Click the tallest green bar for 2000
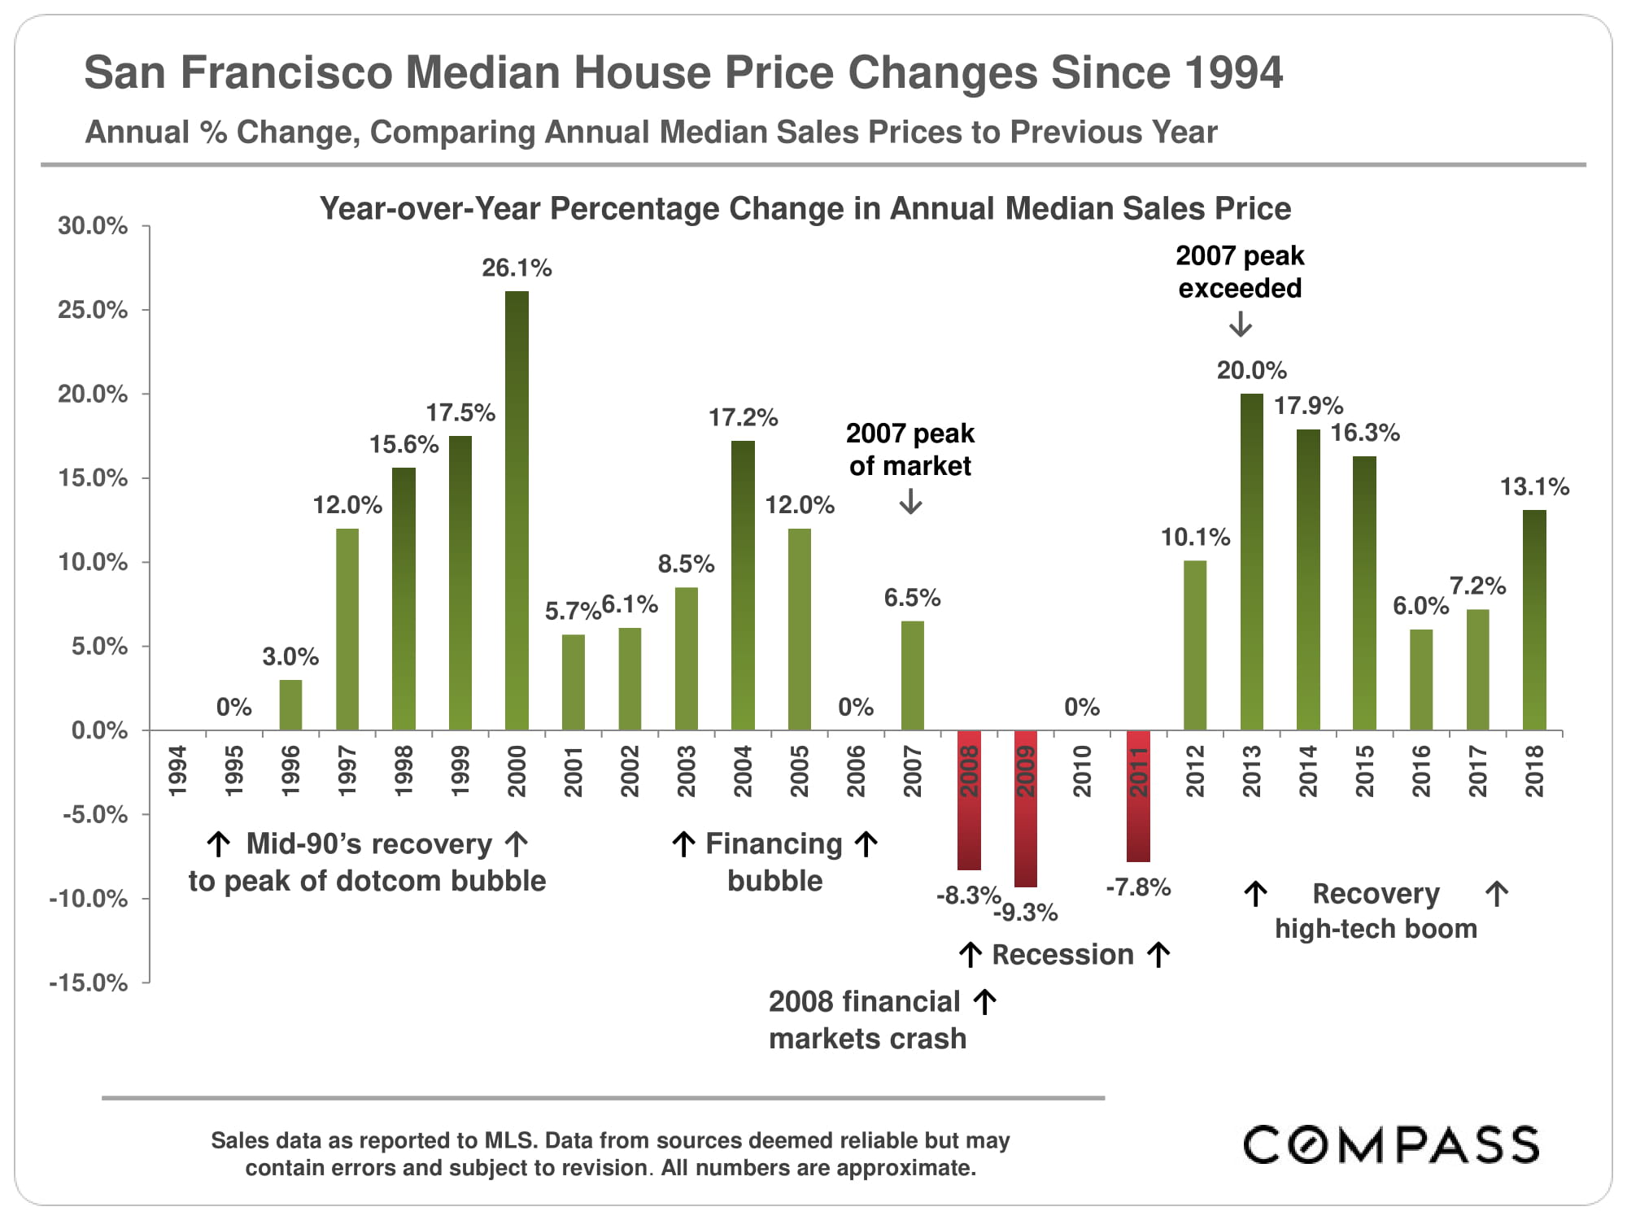pyautogui.click(x=517, y=511)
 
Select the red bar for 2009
pyautogui.click(x=1026, y=808)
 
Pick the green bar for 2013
pyautogui.click(x=1251, y=562)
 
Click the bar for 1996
pyautogui.click(x=290, y=705)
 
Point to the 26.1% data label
pyautogui.click(x=517, y=268)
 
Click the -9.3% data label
pyautogui.click(x=1027, y=913)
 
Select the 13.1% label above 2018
pyautogui.click(x=1534, y=487)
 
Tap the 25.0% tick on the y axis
pyautogui.click(x=93, y=310)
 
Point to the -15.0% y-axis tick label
pyautogui.click(x=89, y=983)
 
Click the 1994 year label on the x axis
pyautogui.click(x=177, y=770)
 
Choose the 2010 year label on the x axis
pyautogui.click(x=1082, y=770)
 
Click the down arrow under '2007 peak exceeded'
pyautogui.click(x=1240, y=325)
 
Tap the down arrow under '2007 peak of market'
pyautogui.click(x=910, y=501)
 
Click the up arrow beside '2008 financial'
pyautogui.click(x=984, y=1002)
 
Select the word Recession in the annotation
pyautogui.click(x=1062, y=955)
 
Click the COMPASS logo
pyautogui.click(x=1391, y=1144)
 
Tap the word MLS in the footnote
pyautogui.click(x=509, y=1140)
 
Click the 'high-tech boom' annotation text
pyautogui.click(x=1376, y=929)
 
